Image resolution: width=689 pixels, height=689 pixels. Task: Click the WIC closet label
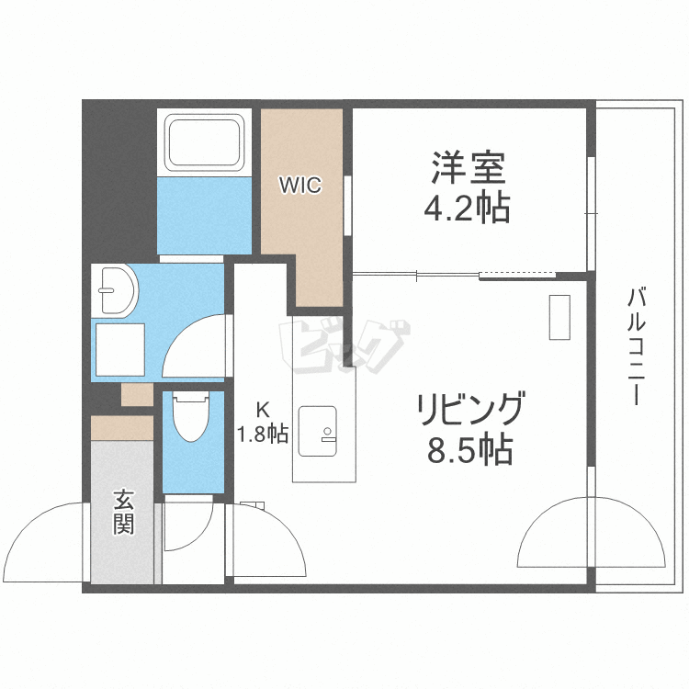(300, 186)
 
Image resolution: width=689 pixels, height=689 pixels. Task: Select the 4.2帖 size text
(467, 209)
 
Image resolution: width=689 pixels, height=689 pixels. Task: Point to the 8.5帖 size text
(469, 450)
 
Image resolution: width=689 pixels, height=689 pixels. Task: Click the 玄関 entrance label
(124, 512)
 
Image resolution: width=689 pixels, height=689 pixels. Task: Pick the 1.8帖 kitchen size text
(264, 434)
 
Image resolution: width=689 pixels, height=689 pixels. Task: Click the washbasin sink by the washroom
(115, 289)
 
